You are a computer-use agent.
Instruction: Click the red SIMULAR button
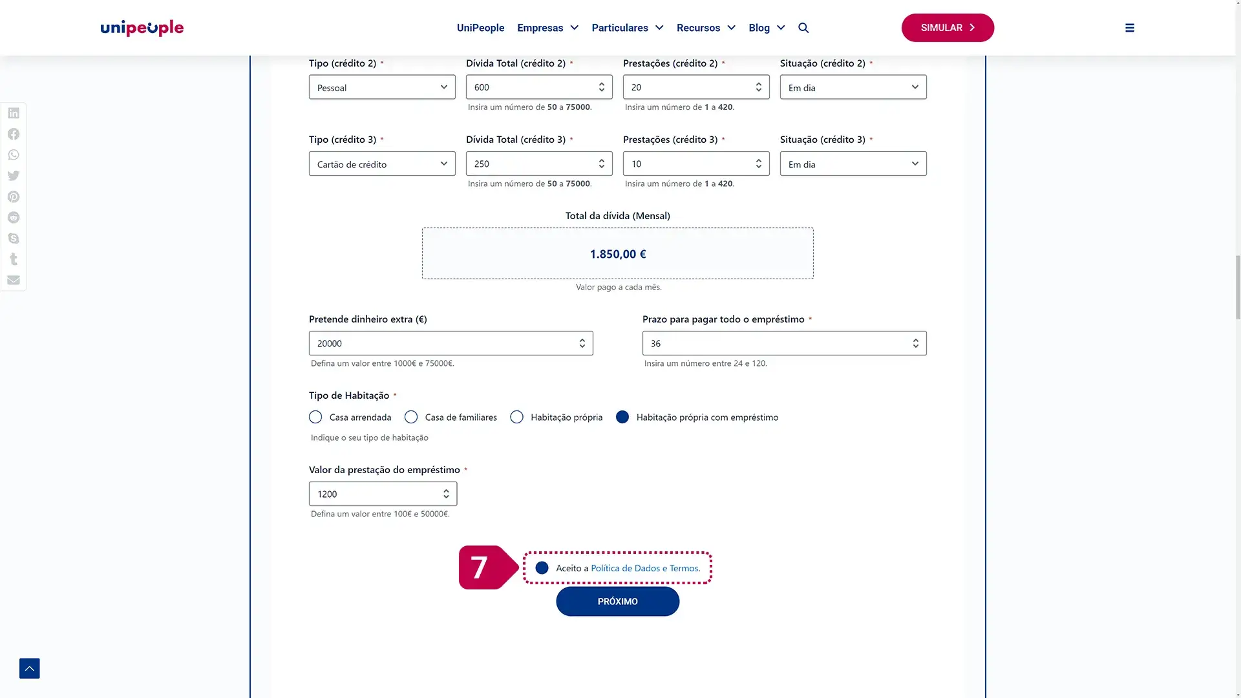point(947,28)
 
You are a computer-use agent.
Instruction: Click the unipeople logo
point(142,28)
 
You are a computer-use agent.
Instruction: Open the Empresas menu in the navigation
point(547,28)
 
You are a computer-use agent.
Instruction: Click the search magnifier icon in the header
point(803,28)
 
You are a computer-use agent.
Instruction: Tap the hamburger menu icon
point(1129,28)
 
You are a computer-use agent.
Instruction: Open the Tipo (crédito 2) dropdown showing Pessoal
point(381,87)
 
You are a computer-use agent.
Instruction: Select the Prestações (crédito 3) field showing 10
point(688,164)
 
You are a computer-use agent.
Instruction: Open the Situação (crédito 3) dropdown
point(853,164)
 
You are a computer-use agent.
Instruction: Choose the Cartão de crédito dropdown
point(381,164)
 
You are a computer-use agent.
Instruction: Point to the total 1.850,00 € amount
point(617,254)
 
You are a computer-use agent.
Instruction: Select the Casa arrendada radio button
point(315,418)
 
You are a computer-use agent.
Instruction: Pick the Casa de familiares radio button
point(411,418)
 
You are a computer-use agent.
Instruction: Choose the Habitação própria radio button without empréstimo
point(516,418)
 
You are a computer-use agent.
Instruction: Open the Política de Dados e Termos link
point(644,568)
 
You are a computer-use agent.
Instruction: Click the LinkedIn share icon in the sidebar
point(14,113)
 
